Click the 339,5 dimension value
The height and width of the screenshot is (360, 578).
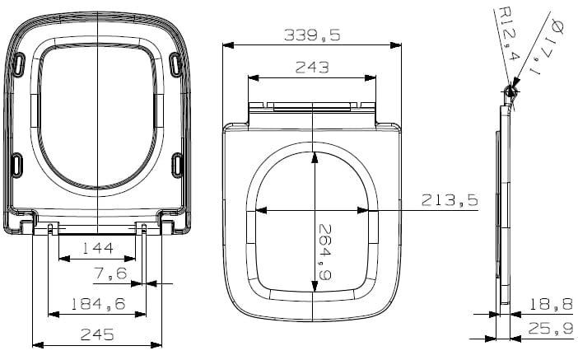312,35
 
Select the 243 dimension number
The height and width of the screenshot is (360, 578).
312,68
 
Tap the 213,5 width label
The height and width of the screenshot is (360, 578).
450,200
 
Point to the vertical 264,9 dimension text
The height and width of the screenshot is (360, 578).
324,252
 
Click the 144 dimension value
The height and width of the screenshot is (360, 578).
97,248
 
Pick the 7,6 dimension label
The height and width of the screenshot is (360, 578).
110,274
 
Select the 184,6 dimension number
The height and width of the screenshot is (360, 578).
98,304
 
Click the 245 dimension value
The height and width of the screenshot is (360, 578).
97,334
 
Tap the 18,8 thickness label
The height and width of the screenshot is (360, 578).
551,304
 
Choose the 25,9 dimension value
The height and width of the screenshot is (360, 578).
551,328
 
